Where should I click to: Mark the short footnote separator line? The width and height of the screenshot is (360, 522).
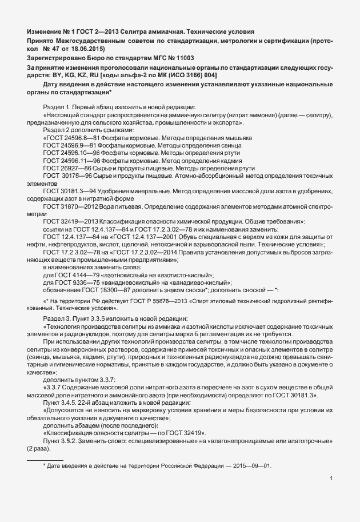45,459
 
